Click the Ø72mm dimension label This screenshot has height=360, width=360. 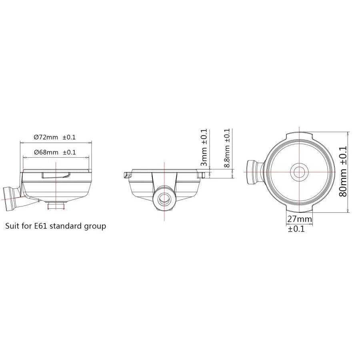pyautogui.click(x=46, y=137)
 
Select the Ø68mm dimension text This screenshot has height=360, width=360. pyautogui.click(x=46, y=152)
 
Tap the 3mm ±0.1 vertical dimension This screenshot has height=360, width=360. pyautogui.click(x=204, y=148)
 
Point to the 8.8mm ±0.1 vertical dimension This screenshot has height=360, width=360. pyautogui.click(x=227, y=148)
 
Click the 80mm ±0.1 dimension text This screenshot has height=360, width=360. pyautogui.click(x=343, y=172)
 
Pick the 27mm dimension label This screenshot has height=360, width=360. pyautogui.click(x=300, y=219)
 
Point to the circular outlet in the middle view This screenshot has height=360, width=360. pyautogui.click(x=164, y=198)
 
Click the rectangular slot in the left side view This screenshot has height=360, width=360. pyautogui.click(x=56, y=174)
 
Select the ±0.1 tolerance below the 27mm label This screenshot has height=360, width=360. pyautogui.click(x=296, y=229)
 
